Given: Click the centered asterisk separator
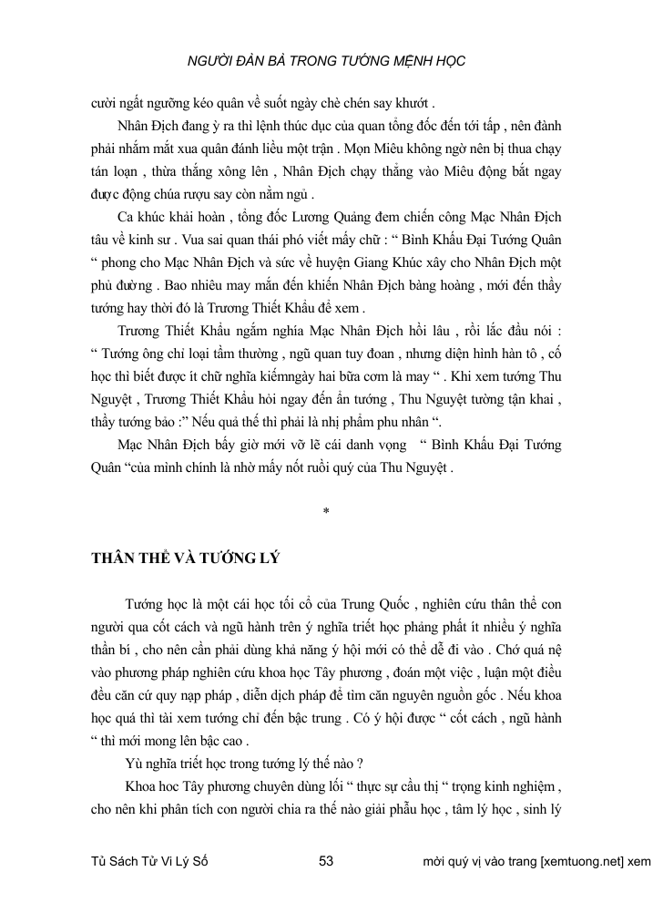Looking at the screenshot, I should click(x=326, y=511).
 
